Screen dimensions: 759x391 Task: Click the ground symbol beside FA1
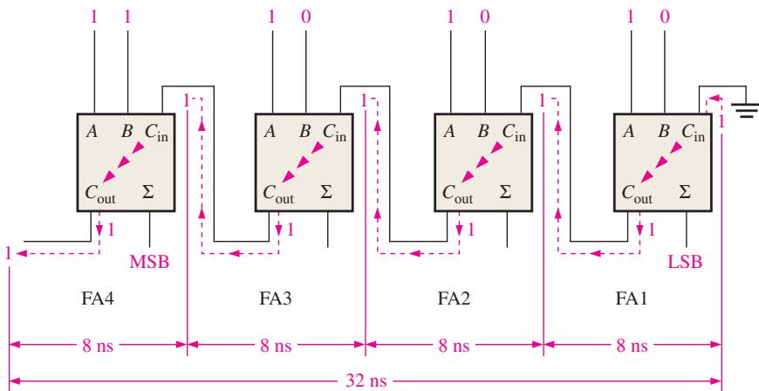(x=745, y=111)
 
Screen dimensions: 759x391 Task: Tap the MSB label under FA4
(x=149, y=262)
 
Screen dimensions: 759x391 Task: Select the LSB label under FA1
(x=685, y=262)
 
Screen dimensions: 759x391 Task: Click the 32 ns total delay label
(x=366, y=381)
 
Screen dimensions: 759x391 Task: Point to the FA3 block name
(x=276, y=298)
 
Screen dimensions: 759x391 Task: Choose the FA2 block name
(x=454, y=298)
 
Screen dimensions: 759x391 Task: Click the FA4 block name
(x=98, y=298)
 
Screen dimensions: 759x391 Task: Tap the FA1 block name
(x=632, y=298)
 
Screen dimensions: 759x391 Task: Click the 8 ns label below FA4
(x=98, y=346)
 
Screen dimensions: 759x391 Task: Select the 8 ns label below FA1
(x=632, y=346)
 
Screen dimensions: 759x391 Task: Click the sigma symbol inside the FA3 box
(x=327, y=192)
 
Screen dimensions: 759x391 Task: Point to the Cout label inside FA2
(x=457, y=194)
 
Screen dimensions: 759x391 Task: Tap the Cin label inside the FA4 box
(x=157, y=133)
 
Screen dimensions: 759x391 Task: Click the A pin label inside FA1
(x=629, y=131)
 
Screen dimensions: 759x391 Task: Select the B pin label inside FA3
(x=304, y=131)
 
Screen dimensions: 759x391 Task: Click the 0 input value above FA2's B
(x=484, y=17)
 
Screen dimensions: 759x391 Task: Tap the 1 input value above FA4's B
(x=127, y=17)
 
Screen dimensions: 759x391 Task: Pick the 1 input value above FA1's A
(x=630, y=17)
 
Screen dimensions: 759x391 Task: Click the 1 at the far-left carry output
(x=8, y=253)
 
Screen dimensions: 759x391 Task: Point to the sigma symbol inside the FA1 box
(x=685, y=192)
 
